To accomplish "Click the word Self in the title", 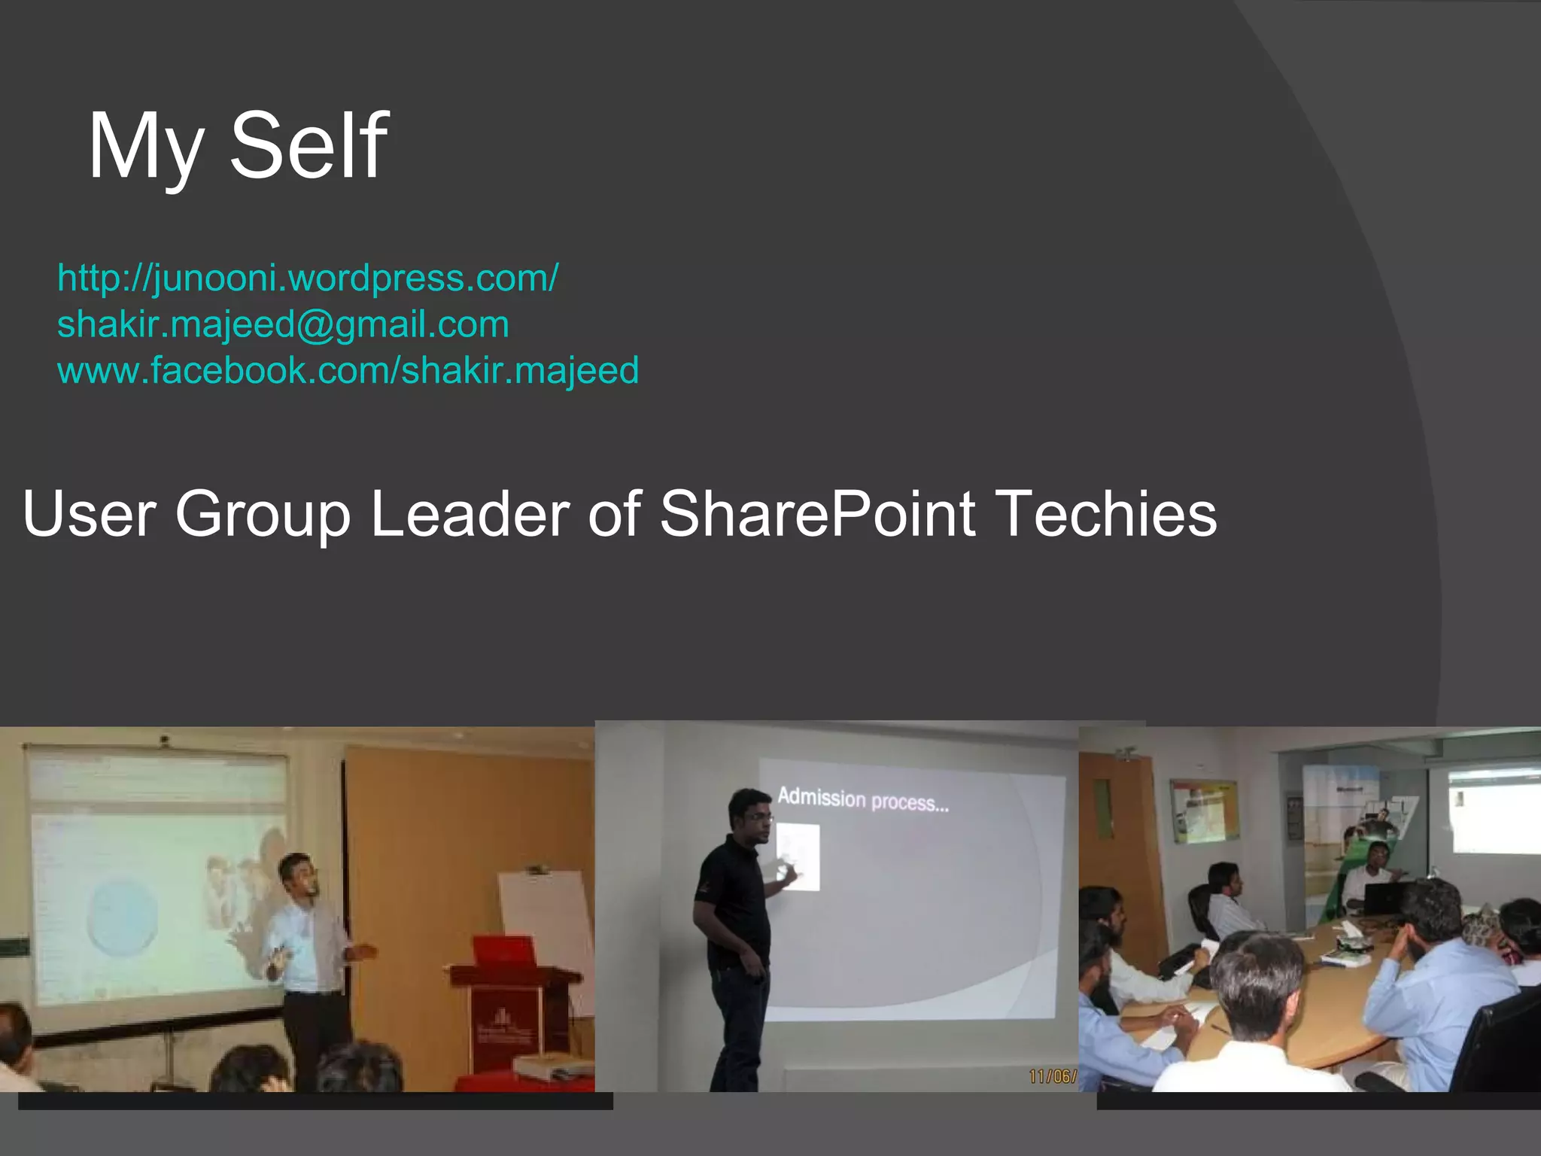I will pyautogui.click(x=309, y=145).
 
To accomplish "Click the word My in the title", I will pyautogui.click(x=146, y=147).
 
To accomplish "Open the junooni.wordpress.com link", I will pyautogui.click(x=308, y=278).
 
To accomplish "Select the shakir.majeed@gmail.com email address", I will pyautogui.click(x=283, y=324).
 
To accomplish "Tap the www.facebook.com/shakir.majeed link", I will pyautogui.click(x=348, y=370).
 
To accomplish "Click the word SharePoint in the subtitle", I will pyautogui.click(x=818, y=513).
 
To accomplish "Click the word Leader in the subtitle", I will pyautogui.click(x=470, y=513).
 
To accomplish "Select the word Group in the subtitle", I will pyautogui.click(x=263, y=515).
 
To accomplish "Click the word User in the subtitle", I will pyautogui.click(x=90, y=513).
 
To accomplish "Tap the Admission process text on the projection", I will pyautogui.click(x=862, y=799).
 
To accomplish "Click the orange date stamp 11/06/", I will pyautogui.click(x=1052, y=1076).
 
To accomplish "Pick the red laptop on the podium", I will pyautogui.click(x=503, y=951).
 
